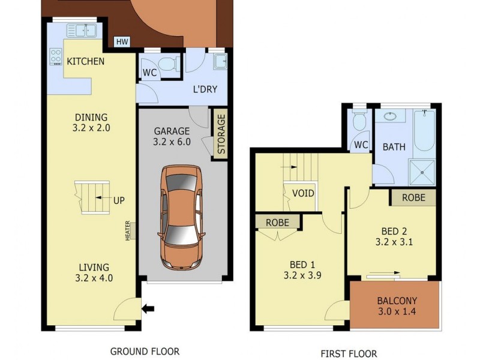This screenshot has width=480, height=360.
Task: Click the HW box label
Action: click(x=122, y=42)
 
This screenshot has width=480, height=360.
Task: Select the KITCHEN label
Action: click(x=85, y=61)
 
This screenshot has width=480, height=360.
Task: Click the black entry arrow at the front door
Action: click(x=148, y=309)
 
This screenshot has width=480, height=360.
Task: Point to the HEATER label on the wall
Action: click(x=128, y=231)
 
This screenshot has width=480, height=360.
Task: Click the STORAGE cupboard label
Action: click(x=221, y=134)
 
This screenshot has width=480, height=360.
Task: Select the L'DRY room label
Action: click(x=205, y=90)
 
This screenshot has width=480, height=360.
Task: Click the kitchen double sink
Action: click(x=82, y=30)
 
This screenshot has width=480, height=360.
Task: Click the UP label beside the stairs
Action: click(x=119, y=201)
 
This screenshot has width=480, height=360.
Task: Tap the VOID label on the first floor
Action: click(x=303, y=193)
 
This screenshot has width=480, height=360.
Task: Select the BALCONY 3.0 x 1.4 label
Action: click(x=397, y=306)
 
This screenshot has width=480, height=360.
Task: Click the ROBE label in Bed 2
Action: click(x=413, y=197)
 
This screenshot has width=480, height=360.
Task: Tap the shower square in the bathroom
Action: click(x=424, y=172)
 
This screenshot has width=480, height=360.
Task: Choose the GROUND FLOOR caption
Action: click(x=145, y=351)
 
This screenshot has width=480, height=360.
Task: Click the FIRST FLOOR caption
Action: click(x=349, y=353)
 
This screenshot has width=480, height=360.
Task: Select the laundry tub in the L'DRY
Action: click(x=220, y=60)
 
